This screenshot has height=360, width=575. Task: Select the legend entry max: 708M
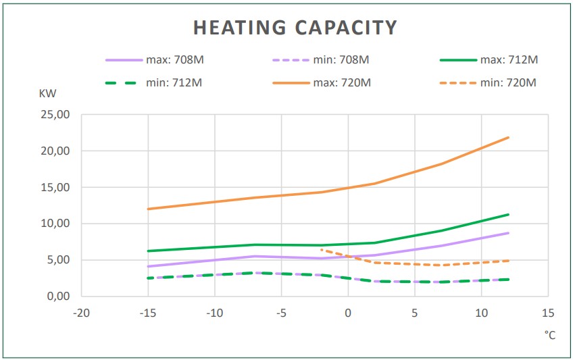click(175, 59)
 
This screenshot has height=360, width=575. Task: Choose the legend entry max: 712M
click(509, 59)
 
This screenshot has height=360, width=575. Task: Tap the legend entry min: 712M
click(175, 83)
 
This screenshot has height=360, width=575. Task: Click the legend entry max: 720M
click(341, 83)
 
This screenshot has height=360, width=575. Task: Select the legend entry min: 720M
click(509, 83)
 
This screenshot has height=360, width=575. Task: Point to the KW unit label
click(47, 94)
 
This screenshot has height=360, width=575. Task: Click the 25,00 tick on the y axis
click(55, 115)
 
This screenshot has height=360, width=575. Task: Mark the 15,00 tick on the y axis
click(55, 187)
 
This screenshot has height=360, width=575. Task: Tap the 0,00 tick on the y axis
click(57, 297)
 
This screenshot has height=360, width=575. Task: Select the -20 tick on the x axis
click(81, 313)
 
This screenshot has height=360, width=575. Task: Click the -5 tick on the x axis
click(281, 313)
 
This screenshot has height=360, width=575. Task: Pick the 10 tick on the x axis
click(481, 313)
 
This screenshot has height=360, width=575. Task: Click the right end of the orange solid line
click(508, 138)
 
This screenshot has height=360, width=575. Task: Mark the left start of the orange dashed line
click(322, 250)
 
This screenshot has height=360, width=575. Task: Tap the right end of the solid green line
click(508, 215)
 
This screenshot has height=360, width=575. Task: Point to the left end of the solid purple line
click(147, 266)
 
